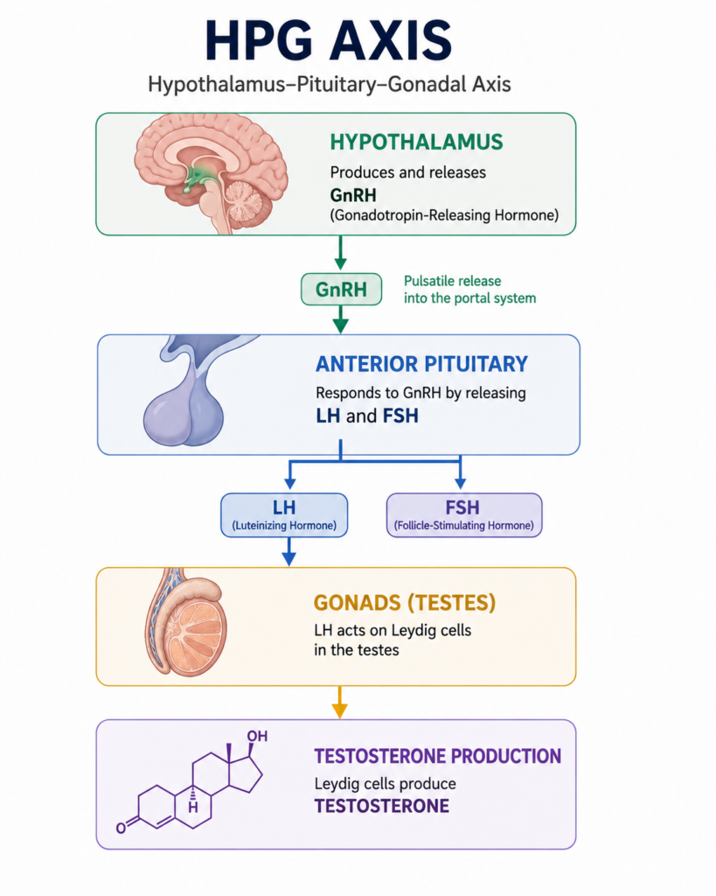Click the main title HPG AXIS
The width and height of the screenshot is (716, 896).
click(x=329, y=40)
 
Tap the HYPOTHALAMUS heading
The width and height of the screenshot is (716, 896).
click(x=416, y=142)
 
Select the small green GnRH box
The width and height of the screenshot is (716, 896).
click(x=342, y=289)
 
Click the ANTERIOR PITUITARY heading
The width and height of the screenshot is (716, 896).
click(x=421, y=364)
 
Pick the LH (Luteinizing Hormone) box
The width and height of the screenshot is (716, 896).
click(x=284, y=514)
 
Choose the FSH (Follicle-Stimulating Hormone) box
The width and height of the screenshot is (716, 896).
click(x=464, y=514)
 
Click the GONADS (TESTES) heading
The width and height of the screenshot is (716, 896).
click(x=404, y=603)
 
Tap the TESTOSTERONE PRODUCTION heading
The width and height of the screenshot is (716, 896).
click(x=437, y=756)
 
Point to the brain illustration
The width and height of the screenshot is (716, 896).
click(x=210, y=171)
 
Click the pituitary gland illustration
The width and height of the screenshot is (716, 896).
click(x=189, y=391)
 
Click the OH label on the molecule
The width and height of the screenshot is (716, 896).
click(x=257, y=735)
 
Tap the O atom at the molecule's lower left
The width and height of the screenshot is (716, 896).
click(x=121, y=828)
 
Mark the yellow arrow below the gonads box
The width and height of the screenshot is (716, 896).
click(x=340, y=702)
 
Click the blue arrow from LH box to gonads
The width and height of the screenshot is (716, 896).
click(x=289, y=551)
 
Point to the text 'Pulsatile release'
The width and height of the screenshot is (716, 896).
click(x=452, y=281)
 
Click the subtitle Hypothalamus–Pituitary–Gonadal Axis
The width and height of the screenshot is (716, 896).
click(x=330, y=85)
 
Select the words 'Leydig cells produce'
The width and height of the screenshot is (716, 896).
click(x=385, y=783)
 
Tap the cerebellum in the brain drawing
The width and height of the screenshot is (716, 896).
click(x=245, y=201)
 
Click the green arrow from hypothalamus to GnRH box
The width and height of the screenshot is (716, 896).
click(x=340, y=253)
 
